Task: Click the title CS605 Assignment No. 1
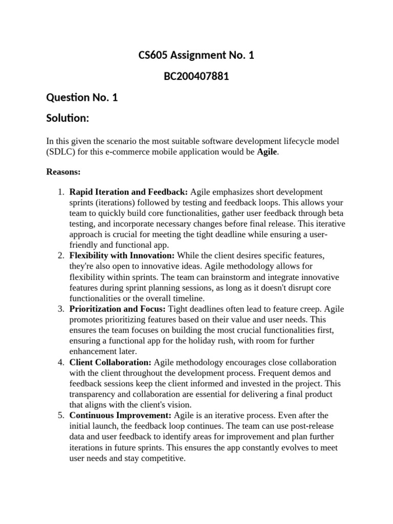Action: coord(196,55)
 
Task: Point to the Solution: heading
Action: coord(68,118)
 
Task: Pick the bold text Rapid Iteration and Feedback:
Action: coord(129,192)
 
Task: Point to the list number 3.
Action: coord(60,309)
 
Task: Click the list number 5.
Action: coord(60,416)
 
